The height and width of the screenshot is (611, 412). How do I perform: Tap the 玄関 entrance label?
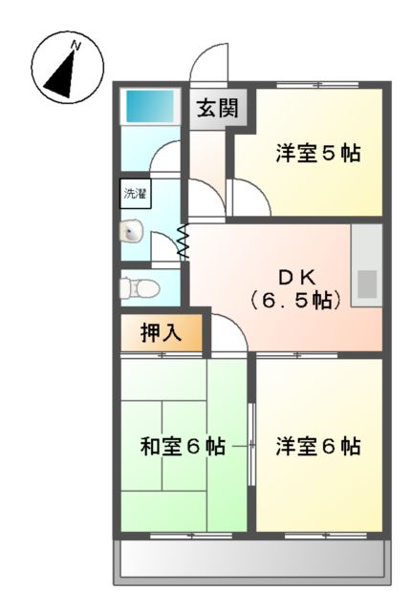tap(219, 108)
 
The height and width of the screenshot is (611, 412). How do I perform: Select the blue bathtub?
tap(150, 104)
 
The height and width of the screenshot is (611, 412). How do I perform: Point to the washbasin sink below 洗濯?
tap(132, 232)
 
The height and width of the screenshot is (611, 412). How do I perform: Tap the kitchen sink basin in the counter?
tap(366, 284)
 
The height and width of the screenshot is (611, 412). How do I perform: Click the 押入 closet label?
tap(160, 333)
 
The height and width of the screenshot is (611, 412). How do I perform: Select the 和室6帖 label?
tap(182, 446)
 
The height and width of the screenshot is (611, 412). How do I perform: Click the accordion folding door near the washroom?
tap(184, 242)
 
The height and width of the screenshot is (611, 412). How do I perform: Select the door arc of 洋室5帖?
tap(250, 199)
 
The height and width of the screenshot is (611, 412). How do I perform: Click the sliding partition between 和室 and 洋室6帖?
tap(251, 444)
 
